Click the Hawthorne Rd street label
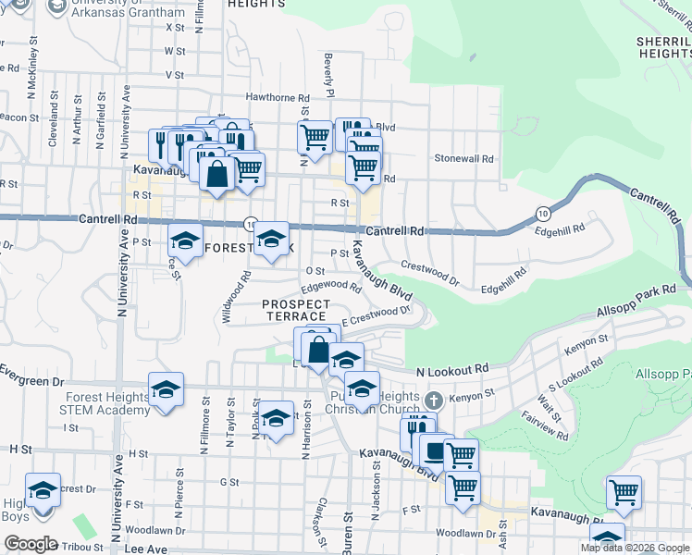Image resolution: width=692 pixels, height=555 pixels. tap(278, 97)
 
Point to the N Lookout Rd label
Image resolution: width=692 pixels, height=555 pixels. tap(451, 369)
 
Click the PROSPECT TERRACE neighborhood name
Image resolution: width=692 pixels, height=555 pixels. tap(296, 310)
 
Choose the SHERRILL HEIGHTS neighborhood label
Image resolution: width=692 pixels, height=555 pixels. tap(663, 48)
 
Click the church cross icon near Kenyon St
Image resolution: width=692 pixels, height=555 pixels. tap(435, 401)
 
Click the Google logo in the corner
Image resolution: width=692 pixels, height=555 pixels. tap(31, 543)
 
